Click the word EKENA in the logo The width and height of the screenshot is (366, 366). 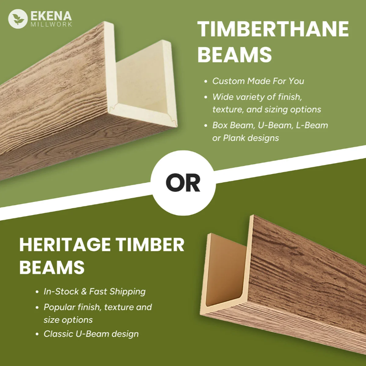coord(51,15)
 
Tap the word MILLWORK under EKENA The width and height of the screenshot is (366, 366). coord(51,24)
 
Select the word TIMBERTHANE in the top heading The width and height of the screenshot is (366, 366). coord(273,30)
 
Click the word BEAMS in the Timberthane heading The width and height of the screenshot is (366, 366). coord(235,55)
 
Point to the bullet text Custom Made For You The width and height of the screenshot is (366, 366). coord(258,81)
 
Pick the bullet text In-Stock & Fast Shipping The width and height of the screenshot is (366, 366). coord(94,291)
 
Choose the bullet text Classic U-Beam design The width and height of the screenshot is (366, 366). coord(91,334)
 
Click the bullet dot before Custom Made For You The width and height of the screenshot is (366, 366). coord(206,82)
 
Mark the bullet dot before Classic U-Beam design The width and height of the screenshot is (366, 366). coord(37,334)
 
